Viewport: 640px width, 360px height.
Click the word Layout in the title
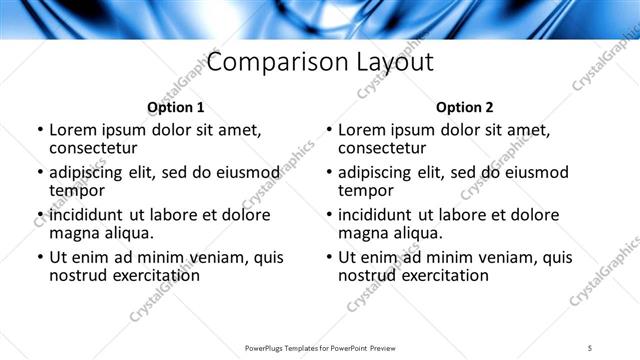pos(395,63)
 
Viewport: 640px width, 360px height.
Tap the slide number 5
pos(591,347)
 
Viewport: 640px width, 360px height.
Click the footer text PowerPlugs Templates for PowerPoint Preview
pos(319,347)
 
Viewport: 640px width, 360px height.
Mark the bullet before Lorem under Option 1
pos(40,131)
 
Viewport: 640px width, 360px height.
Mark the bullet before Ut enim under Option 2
pos(329,257)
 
